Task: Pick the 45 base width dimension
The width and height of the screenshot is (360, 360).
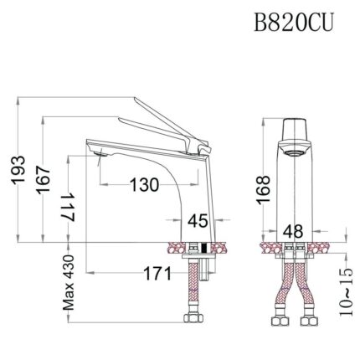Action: tap(198, 222)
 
